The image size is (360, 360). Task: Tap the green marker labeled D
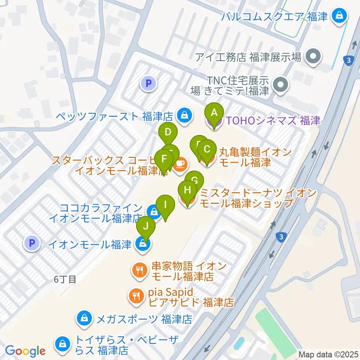pos(168,133)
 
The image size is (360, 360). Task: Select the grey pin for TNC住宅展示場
pos(280,85)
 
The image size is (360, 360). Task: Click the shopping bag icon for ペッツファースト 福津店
pos(184,116)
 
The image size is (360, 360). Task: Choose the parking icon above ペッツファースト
pos(148,83)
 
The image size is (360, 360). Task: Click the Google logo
pos(25,351)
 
